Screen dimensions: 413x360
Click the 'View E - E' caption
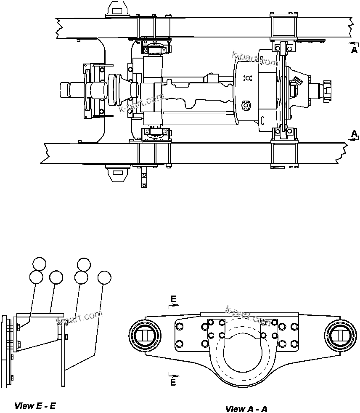click(x=35, y=406)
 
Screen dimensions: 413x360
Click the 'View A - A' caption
click(x=246, y=409)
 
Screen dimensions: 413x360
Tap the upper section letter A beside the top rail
click(x=355, y=50)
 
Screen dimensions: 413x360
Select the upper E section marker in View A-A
click(x=173, y=300)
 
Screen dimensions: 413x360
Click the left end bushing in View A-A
click(x=145, y=335)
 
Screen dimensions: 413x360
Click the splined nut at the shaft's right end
click(x=326, y=89)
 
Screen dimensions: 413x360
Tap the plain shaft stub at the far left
click(x=67, y=90)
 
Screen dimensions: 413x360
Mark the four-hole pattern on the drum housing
click(x=248, y=78)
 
